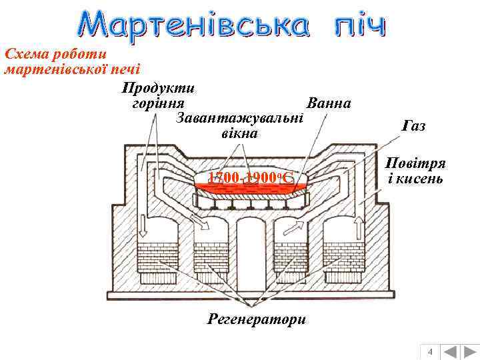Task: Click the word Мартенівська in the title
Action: click(x=193, y=25)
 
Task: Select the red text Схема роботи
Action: click(x=55, y=53)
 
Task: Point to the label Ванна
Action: click(x=328, y=104)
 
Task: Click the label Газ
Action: click(x=414, y=126)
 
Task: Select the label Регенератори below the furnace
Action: click(x=257, y=319)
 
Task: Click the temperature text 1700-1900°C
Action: click(x=248, y=178)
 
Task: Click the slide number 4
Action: click(x=430, y=351)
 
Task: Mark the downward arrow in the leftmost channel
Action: click(x=143, y=227)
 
